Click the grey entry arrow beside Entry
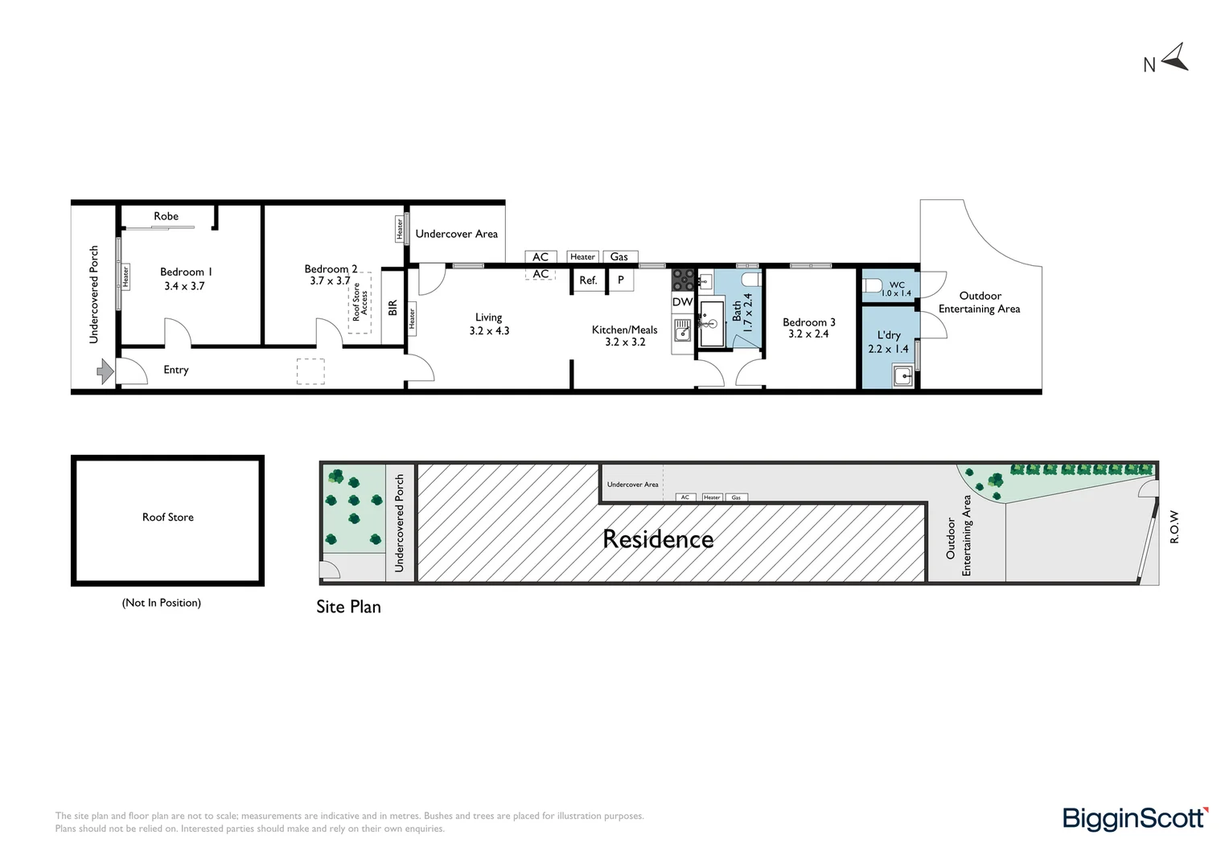105,372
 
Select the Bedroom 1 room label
186,272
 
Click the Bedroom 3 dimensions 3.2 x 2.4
808,334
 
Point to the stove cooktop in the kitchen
683,280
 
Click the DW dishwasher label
683,301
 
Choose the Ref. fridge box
588,280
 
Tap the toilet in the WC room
873,285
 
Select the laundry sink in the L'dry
903,376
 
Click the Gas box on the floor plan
620,256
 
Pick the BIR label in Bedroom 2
393,308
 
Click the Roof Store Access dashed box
360,302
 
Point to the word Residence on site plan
658,539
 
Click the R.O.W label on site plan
1174,527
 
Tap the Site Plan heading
348,607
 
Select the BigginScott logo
1136,819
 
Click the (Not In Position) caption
162,603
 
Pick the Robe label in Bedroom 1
166,216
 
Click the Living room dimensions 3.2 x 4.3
489,330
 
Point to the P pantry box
621,280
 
